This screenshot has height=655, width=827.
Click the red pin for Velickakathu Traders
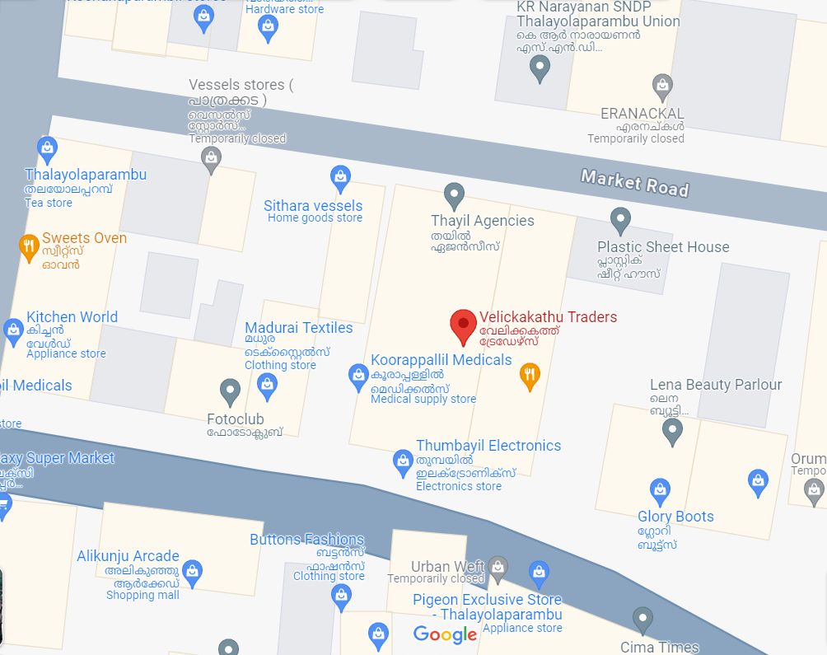[x=463, y=325]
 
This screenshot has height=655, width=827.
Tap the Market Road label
[x=634, y=182]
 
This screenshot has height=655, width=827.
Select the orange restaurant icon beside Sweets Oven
[x=29, y=246]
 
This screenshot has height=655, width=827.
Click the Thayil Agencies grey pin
[x=454, y=196]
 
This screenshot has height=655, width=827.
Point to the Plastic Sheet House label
[x=663, y=247]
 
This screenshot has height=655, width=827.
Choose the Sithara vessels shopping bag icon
[x=339, y=176]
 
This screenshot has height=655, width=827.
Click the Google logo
[x=445, y=634]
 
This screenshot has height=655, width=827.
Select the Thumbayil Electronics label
[x=488, y=446]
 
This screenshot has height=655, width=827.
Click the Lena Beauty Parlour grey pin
[x=673, y=430]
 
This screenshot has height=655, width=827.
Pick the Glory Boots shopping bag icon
[x=660, y=491]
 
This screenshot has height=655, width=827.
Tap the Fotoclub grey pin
[x=230, y=391]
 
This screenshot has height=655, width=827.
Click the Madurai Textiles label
[x=298, y=328]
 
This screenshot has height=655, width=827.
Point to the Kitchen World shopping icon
[x=13, y=331]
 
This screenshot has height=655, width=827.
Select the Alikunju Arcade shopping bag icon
[x=192, y=571]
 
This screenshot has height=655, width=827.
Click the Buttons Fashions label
[x=306, y=540]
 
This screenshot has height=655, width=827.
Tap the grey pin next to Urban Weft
[x=497, y=566]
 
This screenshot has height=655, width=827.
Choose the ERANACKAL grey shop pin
[x=661, y=85]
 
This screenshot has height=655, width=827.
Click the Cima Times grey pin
[x=642, y=619]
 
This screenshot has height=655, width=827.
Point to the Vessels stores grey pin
[x=212, y=158]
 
